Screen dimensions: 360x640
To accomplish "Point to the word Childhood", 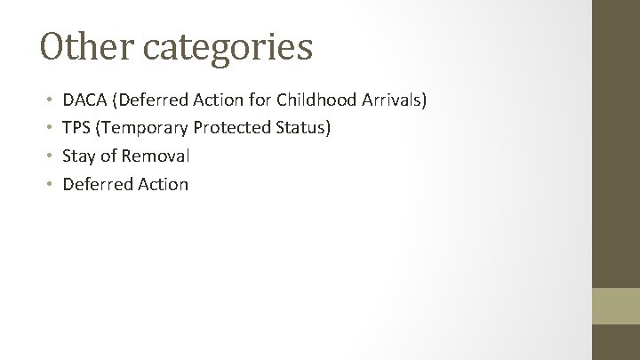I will (x=316, y=100).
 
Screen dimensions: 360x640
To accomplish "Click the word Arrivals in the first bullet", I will (x=394, y=100).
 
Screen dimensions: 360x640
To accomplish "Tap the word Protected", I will (x=234, y=128).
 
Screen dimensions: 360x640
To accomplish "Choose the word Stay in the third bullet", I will (x=78, y=156).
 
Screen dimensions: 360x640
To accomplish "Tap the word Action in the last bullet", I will (x=163, y=185).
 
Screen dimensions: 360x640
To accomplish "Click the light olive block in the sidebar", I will (x=616, y=305).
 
